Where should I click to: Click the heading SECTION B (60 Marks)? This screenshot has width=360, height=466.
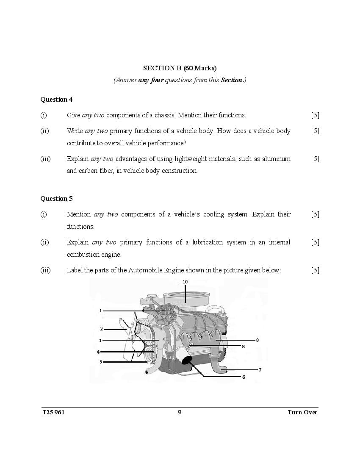click(180, 68)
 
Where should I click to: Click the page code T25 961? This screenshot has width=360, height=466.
click(53, 412)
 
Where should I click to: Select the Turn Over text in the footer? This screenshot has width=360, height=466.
click(302, 412)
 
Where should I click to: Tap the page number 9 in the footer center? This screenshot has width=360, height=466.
click(180, 412)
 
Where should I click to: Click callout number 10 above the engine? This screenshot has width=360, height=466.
click(185, 282)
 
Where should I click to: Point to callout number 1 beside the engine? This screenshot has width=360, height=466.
click(100, 311)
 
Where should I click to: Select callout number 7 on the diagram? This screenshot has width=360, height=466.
click(260, 370)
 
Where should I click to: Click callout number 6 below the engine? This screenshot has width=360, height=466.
click(244, 377)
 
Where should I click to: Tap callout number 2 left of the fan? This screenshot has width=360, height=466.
click(101, 329)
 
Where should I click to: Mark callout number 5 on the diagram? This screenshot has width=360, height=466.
click(100, 362)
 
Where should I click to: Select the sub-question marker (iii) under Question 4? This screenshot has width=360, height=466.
click(45, 159)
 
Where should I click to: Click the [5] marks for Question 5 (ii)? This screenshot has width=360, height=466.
click(315, 242)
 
